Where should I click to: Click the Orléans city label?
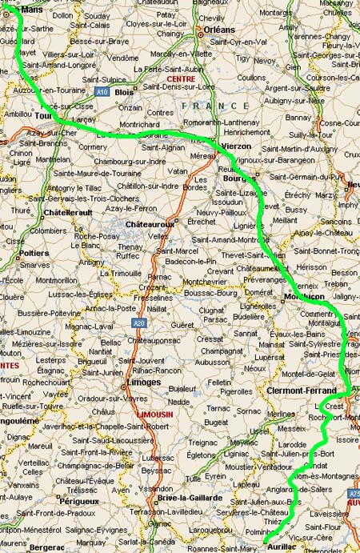pos(219,29)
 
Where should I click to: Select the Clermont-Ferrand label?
pos(302,390)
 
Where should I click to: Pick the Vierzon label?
pos(235,146)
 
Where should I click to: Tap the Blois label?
pos(125,92)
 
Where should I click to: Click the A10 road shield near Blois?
pos(102,93)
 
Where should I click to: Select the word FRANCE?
pos(215,106)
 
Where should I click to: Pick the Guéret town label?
pos(182,325)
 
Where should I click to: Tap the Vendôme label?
pos(123,58)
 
